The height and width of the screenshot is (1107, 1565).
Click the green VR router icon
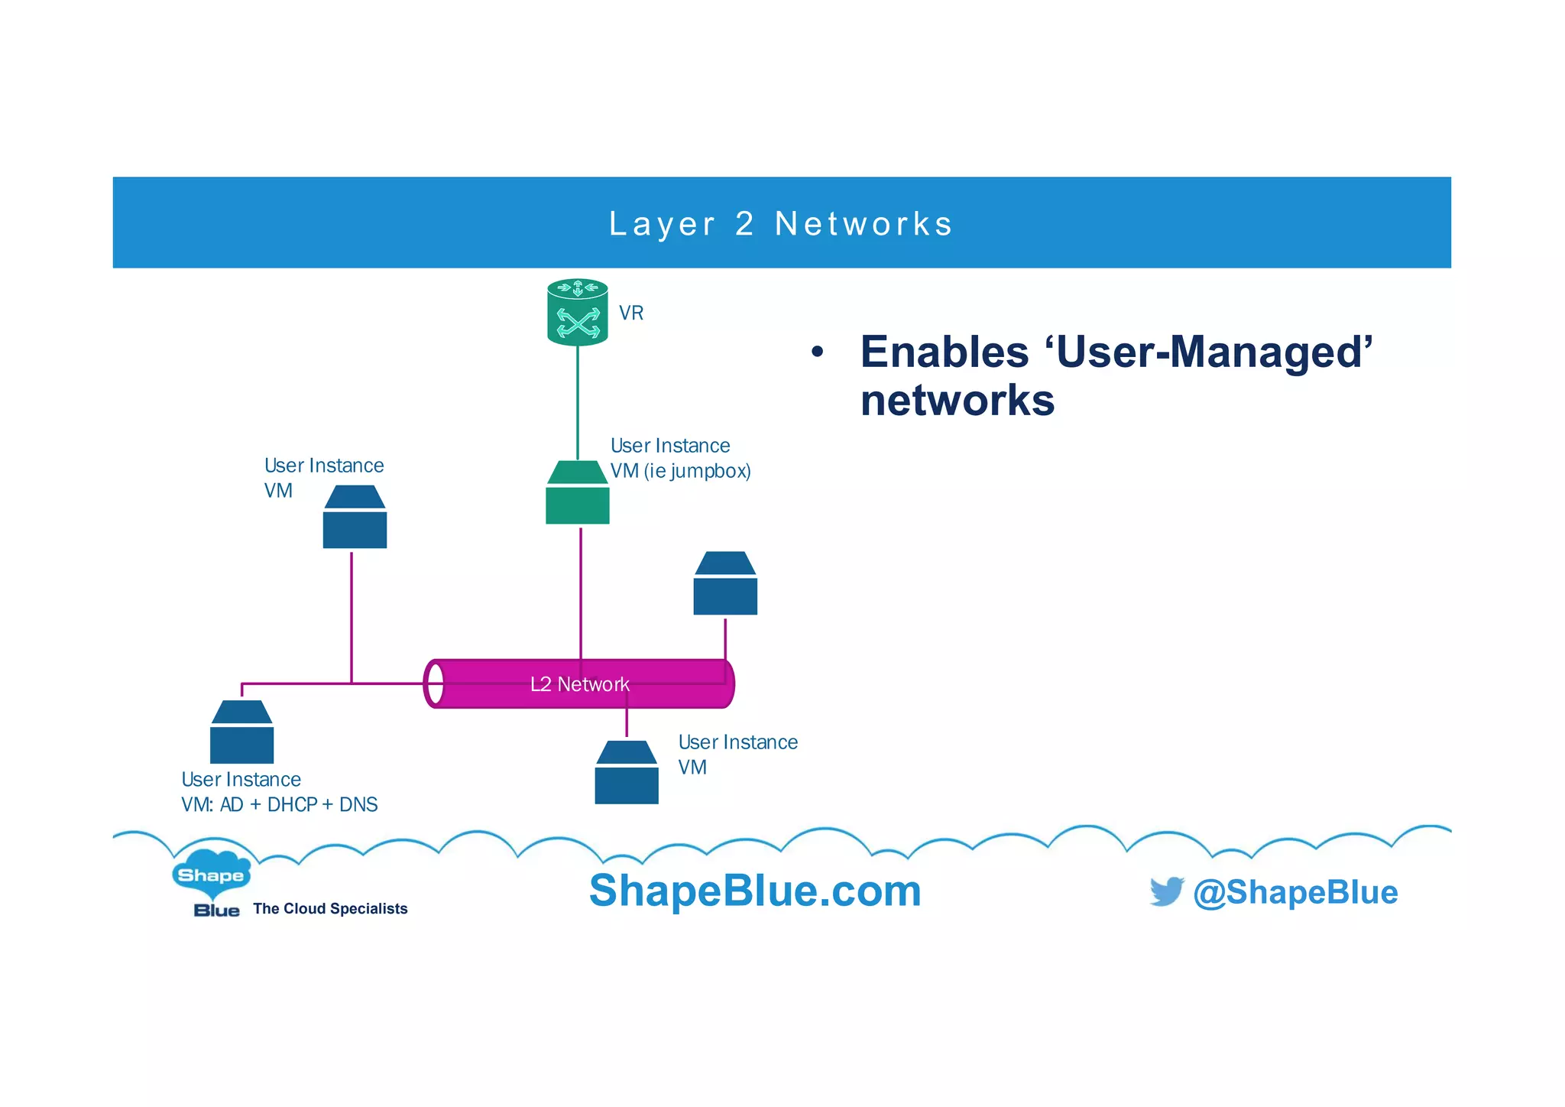click(578, 313)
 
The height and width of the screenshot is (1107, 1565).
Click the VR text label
click(631, 313)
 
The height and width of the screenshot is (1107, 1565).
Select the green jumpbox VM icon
click(578, 493)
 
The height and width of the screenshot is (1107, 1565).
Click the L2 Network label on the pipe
click(580, 684)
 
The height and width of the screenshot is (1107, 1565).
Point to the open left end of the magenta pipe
click(435, 683)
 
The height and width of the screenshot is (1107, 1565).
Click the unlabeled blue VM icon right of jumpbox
click(725, 584)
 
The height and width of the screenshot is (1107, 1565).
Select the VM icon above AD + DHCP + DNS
click(241, 732)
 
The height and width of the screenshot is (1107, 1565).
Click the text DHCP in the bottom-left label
click(292, 805)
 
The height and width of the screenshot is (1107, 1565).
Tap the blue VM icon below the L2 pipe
click(627, 773)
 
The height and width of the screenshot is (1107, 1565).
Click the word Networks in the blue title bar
click(864, 224)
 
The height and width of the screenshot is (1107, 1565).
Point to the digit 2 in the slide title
click(744, 224)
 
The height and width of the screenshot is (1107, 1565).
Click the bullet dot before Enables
click(818, 352)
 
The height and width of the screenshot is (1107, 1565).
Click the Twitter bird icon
click(1166, 891)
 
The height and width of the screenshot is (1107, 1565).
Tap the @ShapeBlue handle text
click(1295, 892)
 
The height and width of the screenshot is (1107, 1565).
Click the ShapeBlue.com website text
click(755, 891)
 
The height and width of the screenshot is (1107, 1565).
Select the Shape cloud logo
click(211, 874)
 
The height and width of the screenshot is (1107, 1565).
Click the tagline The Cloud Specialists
click(330, 909)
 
